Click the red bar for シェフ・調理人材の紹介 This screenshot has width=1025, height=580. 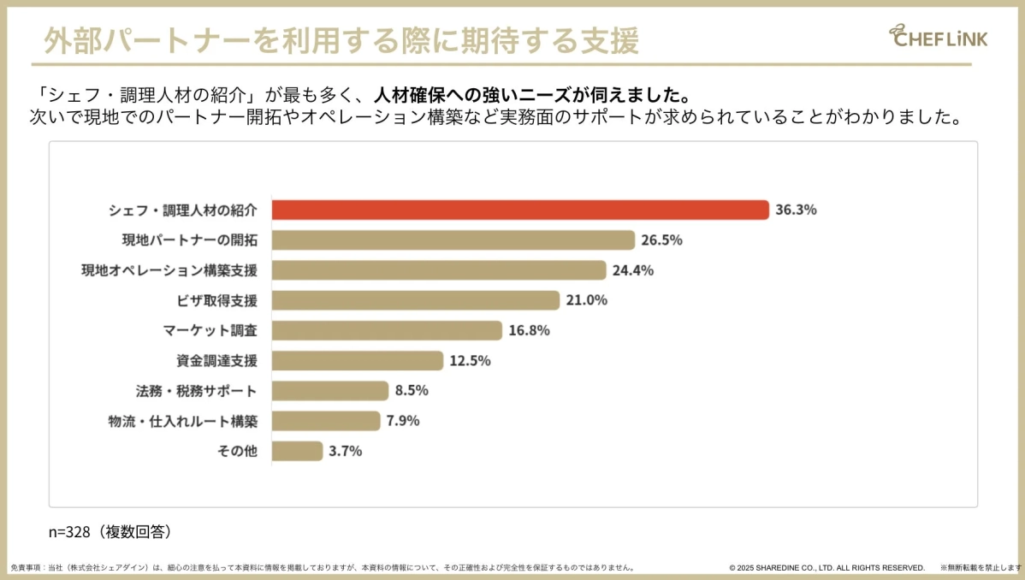[519, 210]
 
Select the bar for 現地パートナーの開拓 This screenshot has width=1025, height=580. [453, 240]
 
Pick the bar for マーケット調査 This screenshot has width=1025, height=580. [387, 330]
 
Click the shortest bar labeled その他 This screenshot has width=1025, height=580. [297, 451]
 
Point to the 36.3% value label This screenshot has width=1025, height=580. [796, 210]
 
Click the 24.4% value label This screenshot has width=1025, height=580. [632, 270]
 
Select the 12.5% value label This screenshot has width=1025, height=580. [470, 361]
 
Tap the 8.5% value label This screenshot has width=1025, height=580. [412, 391]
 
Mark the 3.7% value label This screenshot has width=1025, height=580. [346, 451]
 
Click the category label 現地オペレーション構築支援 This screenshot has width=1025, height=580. [169, 270]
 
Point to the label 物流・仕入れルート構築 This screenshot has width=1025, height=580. [183, 421]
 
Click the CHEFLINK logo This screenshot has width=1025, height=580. [938, 36]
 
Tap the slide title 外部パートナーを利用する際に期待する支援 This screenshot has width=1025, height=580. [341, 40]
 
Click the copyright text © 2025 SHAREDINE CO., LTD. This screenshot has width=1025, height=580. [827, 567]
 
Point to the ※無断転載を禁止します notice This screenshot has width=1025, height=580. [981, 567]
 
